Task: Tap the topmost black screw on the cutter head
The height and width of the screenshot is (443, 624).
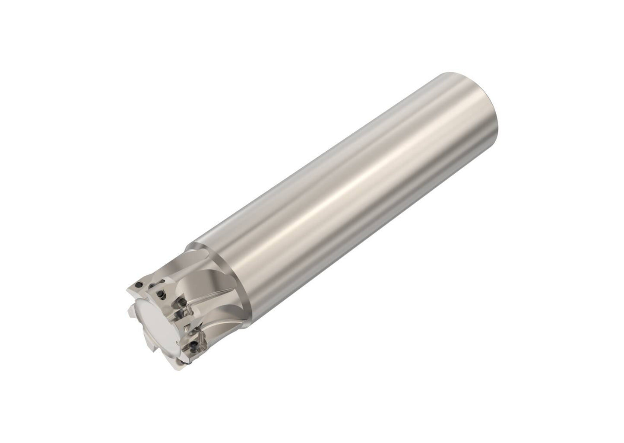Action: [x=139, y=285]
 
